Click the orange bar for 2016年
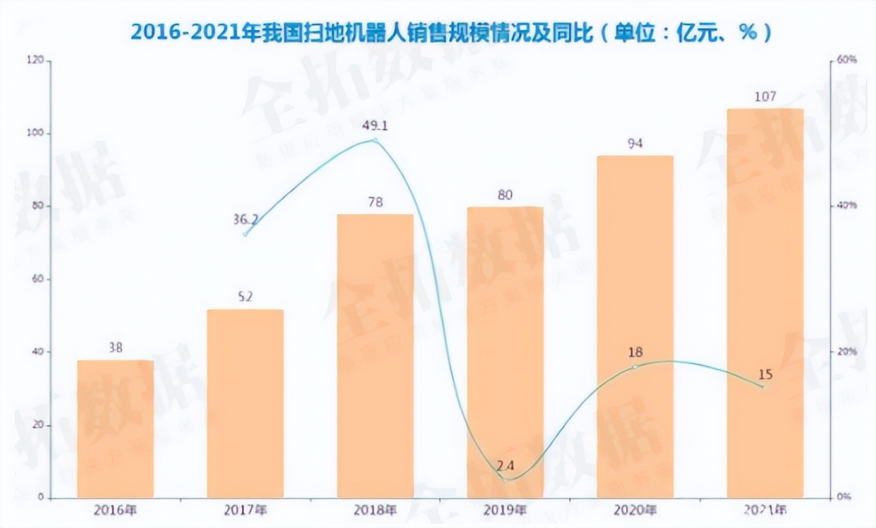(x=115, y=429)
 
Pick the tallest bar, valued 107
(x=765, y=303)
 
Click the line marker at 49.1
(x=376, y=140)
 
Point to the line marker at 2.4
(x=506, y=479)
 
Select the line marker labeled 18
(x=635, y=366)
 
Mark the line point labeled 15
(x=765, y=387)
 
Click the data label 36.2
(x=246, y=219)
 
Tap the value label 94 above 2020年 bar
(x=635, y=143)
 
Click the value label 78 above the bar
(x=376, y=202)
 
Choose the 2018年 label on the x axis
(x=376, y=509)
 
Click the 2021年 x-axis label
(x=765, y=509)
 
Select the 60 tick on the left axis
(x=38, y=279)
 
